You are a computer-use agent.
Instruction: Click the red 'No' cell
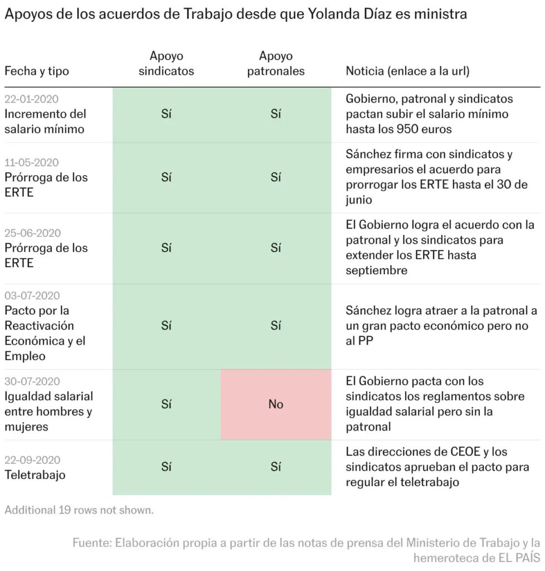276,404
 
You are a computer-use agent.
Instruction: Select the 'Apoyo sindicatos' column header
166,64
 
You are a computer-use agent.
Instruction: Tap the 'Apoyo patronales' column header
276,64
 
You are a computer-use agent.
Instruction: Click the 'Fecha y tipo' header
37,71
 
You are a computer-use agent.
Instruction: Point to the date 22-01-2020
31,99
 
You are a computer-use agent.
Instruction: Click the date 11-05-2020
31,162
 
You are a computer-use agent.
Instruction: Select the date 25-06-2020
32,233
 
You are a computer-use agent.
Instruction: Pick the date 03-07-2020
32,296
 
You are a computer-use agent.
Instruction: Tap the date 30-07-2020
32,381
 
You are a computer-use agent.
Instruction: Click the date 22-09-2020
32,460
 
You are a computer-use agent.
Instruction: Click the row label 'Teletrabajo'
35,475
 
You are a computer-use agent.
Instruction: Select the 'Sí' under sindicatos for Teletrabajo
166,467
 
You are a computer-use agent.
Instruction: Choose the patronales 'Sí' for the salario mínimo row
276,114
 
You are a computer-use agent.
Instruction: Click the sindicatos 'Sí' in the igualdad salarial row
166,404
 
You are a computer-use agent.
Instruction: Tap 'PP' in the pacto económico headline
366,341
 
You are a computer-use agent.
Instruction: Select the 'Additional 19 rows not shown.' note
79,510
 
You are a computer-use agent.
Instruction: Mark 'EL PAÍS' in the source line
516,558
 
